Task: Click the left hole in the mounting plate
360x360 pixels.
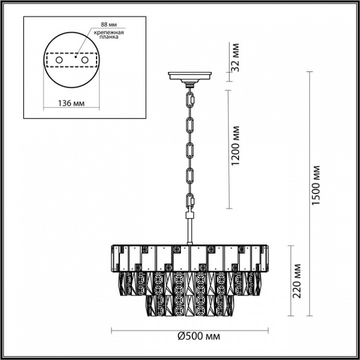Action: (58, 61)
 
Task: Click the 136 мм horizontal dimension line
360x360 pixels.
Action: (70, 110)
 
